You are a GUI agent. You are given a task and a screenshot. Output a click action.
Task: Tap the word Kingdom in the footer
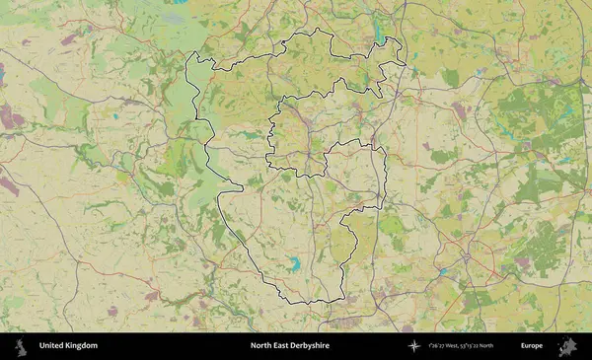(82, 346)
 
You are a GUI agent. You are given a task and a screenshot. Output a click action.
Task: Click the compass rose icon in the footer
(414, 346)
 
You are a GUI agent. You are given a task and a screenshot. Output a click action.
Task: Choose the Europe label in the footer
(532, 346)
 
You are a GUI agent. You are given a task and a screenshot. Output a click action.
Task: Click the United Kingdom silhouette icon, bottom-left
(20, 346)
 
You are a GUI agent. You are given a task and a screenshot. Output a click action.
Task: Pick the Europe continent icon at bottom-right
(567, 346)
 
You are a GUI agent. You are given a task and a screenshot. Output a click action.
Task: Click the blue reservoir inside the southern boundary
(293, 263)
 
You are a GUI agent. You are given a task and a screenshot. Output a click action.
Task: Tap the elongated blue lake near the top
(380, 33)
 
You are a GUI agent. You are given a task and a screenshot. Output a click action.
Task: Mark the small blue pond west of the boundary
(116, 116)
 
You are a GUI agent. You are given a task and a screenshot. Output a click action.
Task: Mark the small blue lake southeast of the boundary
(443, 268)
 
